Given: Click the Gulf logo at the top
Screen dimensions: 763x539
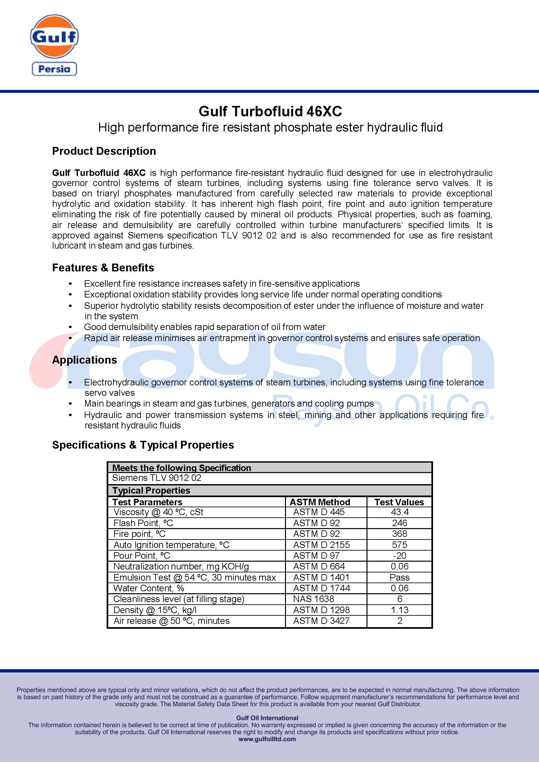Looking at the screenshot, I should coord(54,36).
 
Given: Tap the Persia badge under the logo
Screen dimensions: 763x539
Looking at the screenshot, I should coord(54,69).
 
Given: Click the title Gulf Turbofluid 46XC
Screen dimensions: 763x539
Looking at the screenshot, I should coord(270,111).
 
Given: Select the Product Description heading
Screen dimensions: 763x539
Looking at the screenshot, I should coord(104,151).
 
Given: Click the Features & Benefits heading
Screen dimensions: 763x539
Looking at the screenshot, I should coord(103,267).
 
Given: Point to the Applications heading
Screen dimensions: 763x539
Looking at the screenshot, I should coord(84,360).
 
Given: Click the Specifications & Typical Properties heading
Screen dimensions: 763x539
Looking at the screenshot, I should coord(143,445).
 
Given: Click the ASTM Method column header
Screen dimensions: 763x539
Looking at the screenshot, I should coord(320,502).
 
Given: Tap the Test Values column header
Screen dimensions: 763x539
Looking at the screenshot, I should coord(399,502).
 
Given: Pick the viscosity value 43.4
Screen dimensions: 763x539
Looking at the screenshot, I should coord(400,512).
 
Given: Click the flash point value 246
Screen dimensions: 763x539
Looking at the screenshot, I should coord(400,523).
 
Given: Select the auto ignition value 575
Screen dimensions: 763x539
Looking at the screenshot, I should coord(400,545).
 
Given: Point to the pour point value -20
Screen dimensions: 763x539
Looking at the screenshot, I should coord(400,555).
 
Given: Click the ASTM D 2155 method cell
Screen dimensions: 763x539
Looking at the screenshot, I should coord(321,545).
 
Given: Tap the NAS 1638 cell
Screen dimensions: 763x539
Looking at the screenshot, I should coord(313,599).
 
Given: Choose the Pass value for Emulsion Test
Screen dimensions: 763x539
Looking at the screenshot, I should coord(400,577).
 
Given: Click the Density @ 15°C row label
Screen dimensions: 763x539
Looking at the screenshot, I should coord(155,610).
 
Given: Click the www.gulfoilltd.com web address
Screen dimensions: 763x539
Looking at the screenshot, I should coord(267,739).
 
